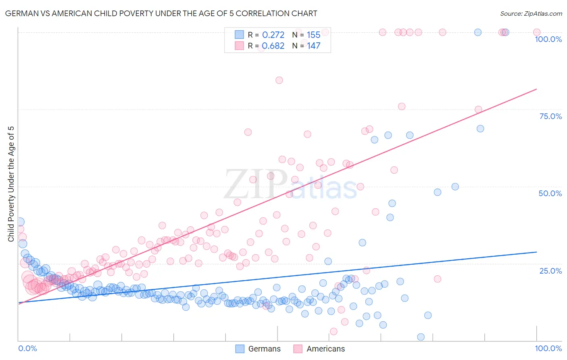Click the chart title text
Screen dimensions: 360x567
(x=161, y=13)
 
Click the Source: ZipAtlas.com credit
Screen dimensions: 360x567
(x=531, y=14)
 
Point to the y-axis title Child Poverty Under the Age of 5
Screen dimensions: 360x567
(x=11, y=184)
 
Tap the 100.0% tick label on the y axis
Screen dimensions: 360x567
(x=548, y=39)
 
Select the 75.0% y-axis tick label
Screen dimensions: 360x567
(x=550, y=116)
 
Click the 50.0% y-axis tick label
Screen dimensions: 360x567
(x=550, y=193)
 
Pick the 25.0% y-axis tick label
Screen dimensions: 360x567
(x=550, y=270)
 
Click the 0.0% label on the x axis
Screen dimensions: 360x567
(x=27, y=348)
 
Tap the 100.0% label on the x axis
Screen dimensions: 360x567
(x=548, y=348)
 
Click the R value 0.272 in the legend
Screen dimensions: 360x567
(x=273, y=35)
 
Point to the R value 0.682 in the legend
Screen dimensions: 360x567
(x=273, y=46)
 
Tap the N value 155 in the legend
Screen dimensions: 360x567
(x=313, y=35)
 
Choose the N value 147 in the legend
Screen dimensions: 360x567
(x=313, y=46)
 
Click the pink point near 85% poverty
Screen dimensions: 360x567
(x=279, y=80)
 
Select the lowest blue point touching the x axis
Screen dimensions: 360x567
(x=421, y=337)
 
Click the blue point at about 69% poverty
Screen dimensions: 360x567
(x=480, y=129)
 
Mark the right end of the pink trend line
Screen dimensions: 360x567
(x=536, y=89)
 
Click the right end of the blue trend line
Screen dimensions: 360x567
(x=536, y=252)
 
